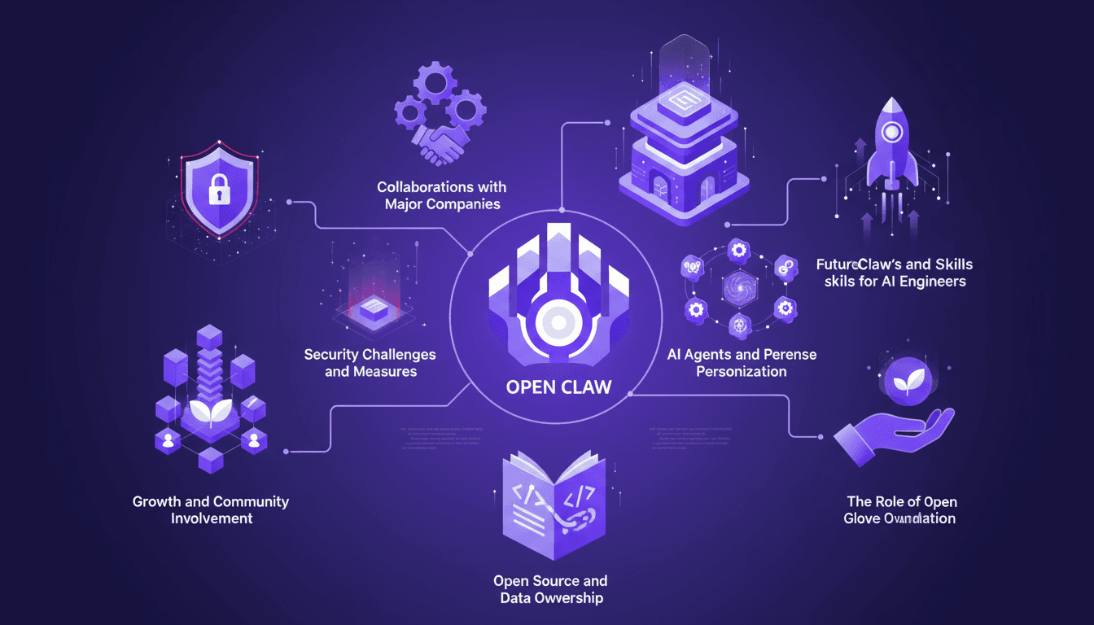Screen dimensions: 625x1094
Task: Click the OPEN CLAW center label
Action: [558, 387]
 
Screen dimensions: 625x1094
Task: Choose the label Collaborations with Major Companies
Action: [442, 196]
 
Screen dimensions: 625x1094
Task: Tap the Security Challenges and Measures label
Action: [370, 363]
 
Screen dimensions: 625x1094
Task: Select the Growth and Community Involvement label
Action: [211, 510]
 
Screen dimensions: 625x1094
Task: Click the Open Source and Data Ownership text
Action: [550, 589]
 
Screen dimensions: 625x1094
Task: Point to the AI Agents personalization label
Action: [742, 363]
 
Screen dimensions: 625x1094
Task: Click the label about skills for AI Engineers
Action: [894, 273]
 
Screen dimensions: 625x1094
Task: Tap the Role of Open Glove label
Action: [899, 510]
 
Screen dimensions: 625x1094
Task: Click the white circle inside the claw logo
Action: [558, 322]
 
